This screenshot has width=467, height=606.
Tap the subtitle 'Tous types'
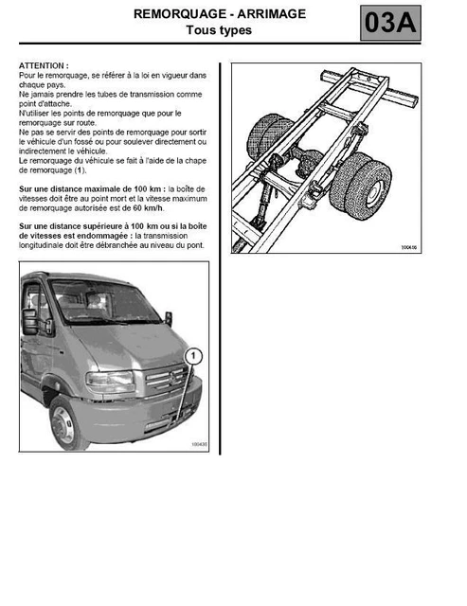coord(219,30)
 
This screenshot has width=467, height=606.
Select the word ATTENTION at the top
coord(44,66)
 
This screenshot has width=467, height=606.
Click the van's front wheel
coord(67,422)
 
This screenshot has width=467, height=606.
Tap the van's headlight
coord(110,381)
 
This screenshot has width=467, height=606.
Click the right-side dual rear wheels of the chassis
coord(362,186)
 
